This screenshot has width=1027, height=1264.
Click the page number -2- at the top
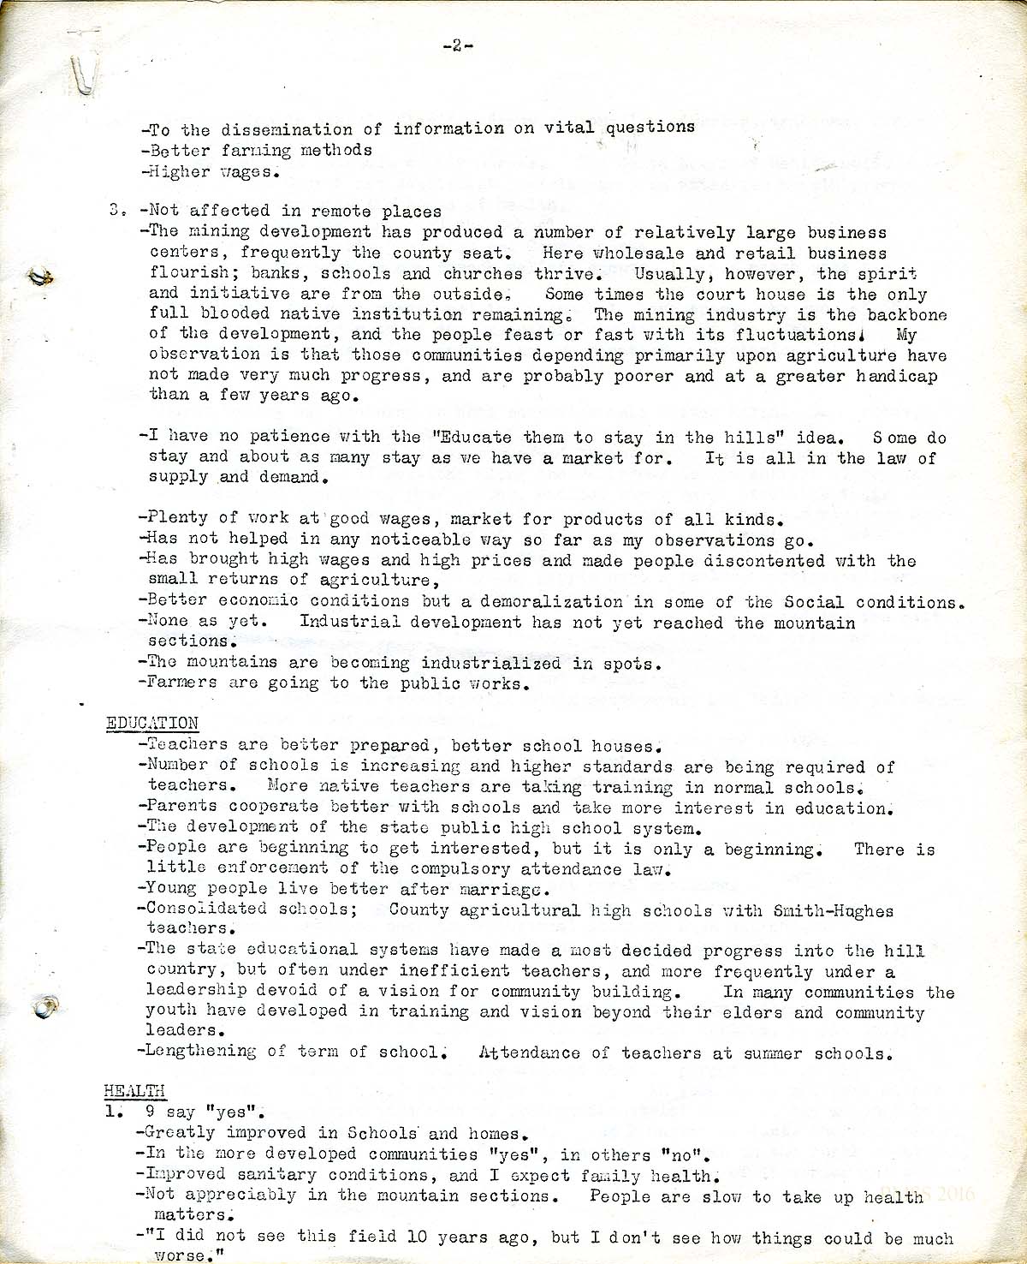458,46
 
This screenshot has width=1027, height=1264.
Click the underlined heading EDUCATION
152,724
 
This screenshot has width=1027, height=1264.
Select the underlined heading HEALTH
134,1090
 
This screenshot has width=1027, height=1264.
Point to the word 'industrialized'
490,663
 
